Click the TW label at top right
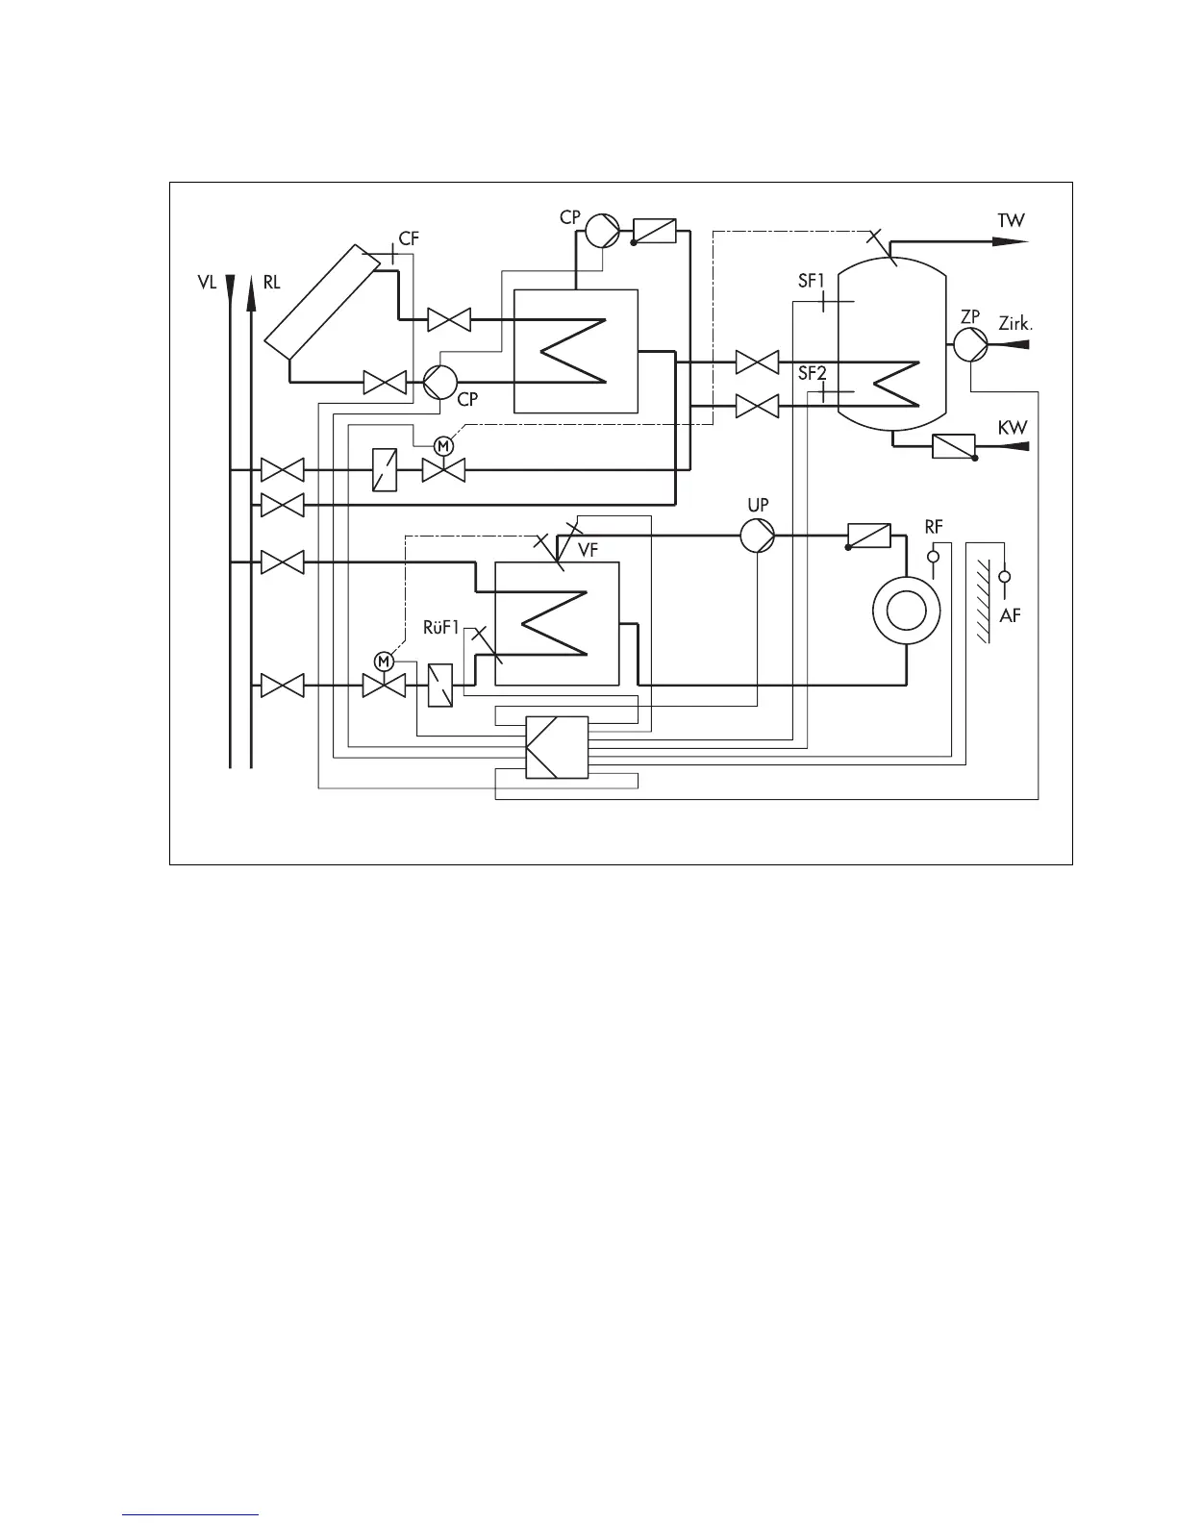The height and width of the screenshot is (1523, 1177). pos(1011,220)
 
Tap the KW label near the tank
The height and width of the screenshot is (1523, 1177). pos(1012,428)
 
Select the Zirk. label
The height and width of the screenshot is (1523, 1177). pos(1015,324)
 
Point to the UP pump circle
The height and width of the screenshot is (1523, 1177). pos(757,536)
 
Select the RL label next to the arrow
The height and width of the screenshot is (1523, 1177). pos(271,284)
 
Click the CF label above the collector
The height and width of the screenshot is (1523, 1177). pos(409,238)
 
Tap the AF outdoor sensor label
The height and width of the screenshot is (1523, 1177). pos(1010,615)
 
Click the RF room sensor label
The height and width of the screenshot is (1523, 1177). pos(933,527)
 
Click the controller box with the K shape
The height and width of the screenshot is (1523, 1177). pos(557,748)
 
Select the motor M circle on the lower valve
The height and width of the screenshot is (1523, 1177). pos(384,661)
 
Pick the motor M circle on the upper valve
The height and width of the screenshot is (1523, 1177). pos(443,445)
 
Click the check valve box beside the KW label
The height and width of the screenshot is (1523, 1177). pos(954,446)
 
